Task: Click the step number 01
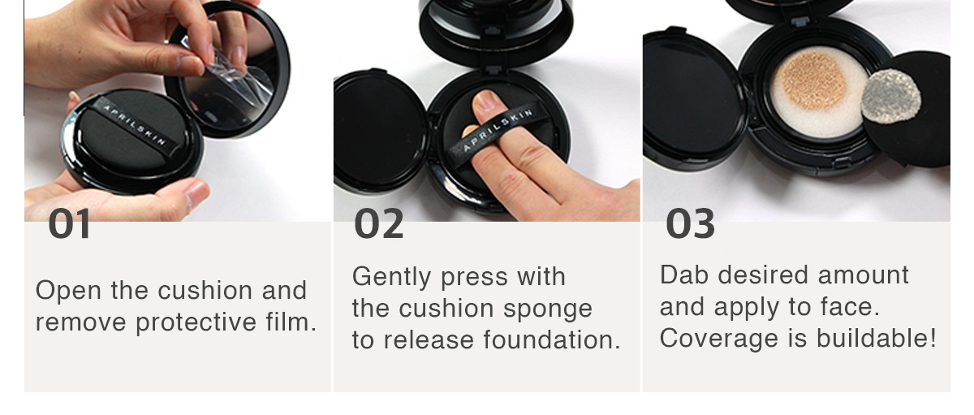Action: tap(70, 223)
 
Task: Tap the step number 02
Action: tap(379, 223)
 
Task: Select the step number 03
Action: tap(690, 223)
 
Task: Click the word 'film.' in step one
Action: tap(291, 322)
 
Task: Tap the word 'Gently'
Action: tap(392, 278)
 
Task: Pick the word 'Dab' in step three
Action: tap(684, 275)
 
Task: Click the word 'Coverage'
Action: tap(719, 339)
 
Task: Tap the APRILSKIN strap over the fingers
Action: tap(497, 132)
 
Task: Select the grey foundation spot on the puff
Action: tap(890, 96)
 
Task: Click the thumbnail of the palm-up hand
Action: tap(196, 193)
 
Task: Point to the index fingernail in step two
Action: tap(485, 101)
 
